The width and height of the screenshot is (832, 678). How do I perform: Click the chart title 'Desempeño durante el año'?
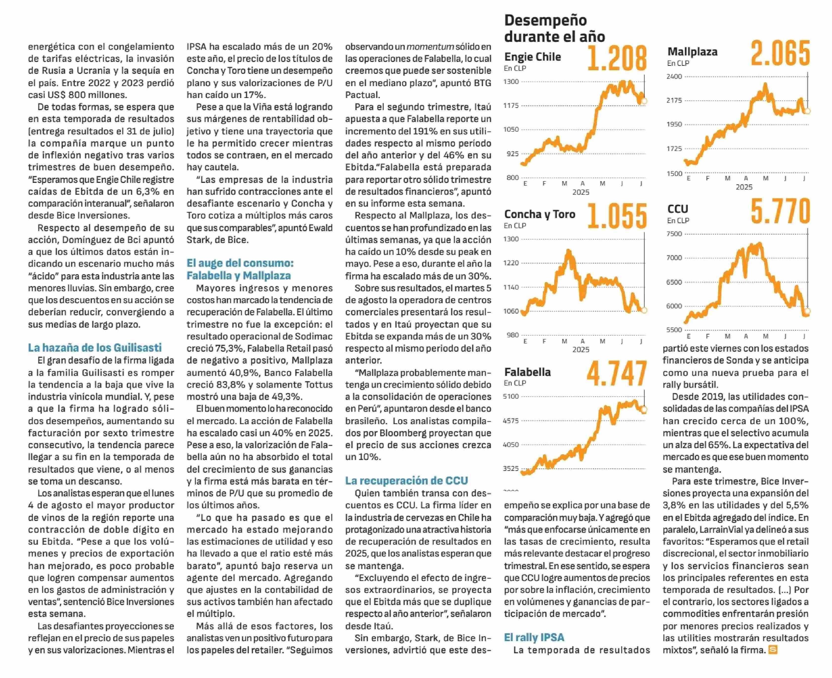(555, 28)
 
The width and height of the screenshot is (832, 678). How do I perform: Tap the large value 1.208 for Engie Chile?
(617, 59)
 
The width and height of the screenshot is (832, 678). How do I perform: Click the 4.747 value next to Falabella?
(617, 373)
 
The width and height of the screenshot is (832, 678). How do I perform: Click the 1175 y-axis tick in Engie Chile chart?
(511, 105)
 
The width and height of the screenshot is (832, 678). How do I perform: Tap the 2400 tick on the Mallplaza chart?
(674, 76)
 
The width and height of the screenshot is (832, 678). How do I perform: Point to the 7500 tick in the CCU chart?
(674, 234)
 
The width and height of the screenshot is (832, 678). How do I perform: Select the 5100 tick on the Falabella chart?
(511, 396)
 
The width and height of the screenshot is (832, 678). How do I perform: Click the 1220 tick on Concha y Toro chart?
(511, 263)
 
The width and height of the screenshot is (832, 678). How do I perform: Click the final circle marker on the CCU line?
(808, 311)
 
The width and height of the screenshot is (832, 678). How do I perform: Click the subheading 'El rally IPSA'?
(534, 637)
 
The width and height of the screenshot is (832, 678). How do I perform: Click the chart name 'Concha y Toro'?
(540, 215)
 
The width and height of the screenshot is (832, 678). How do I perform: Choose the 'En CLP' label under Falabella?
(515, 383)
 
